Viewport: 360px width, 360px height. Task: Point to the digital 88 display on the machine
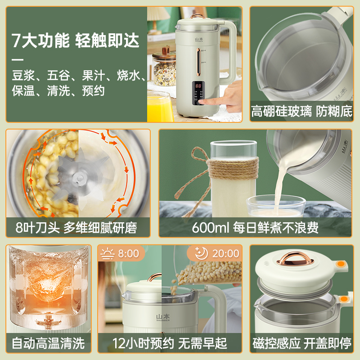coord(198,85)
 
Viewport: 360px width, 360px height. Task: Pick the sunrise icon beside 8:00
coord(108,253)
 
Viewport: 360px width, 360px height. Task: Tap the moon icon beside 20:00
coord(201,253)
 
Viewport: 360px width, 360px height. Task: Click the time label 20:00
coord(225,253)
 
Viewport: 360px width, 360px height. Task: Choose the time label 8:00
coord(128,253)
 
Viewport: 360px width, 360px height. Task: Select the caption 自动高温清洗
coord(48,344)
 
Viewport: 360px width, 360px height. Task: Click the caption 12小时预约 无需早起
coord(169,344)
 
